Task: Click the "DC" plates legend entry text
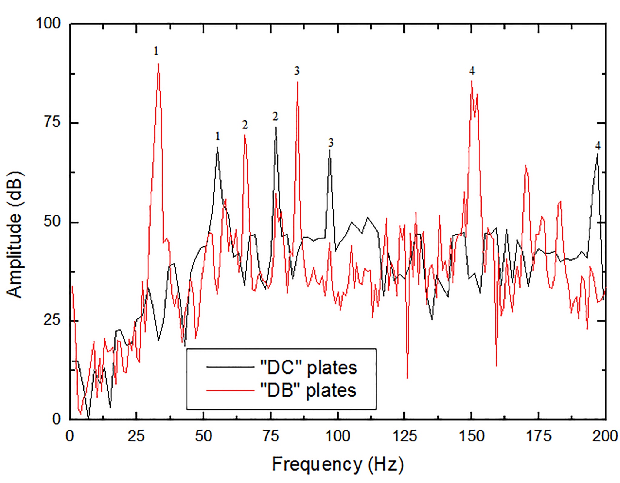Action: pos(309,368)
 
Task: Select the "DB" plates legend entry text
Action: pos(308,390)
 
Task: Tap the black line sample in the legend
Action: pos(230,367)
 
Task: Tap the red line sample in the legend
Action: pos(230,390)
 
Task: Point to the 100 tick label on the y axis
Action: pos(48,23)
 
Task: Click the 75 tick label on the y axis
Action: pos(52,122)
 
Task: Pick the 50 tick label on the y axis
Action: pos(52,222)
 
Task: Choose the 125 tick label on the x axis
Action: pos(405,436)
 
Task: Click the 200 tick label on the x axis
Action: pos(605,436)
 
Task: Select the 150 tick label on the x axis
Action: pos(472,436)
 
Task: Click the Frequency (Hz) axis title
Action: pos(338,464)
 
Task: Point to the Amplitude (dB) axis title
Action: pos(15,235)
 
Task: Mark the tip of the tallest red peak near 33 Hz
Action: pos(158,64)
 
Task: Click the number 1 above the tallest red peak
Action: pos(156,51)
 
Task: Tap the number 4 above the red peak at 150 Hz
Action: pos(472,71)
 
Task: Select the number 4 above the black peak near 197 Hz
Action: pos(598,145)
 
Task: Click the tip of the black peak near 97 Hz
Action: pos(330,150)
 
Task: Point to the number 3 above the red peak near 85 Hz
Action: pos(297,71)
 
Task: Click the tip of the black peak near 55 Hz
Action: pos(217,147)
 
